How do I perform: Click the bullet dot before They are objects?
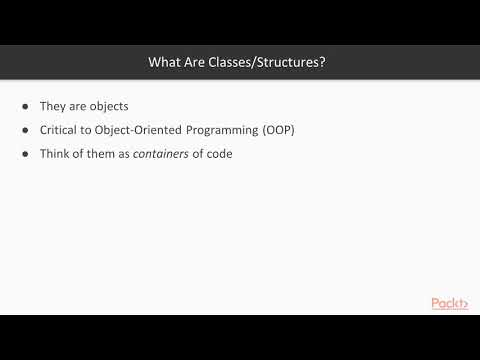(x=25, y=105)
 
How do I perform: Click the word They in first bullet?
(x=53, y=105)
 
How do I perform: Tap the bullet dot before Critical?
(x=25, y=130)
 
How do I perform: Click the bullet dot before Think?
(x=25, y=155)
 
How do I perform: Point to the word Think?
(x=54, y=155)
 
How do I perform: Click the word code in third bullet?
(x=219, y=155)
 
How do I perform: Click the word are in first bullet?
(x=80, y=105)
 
